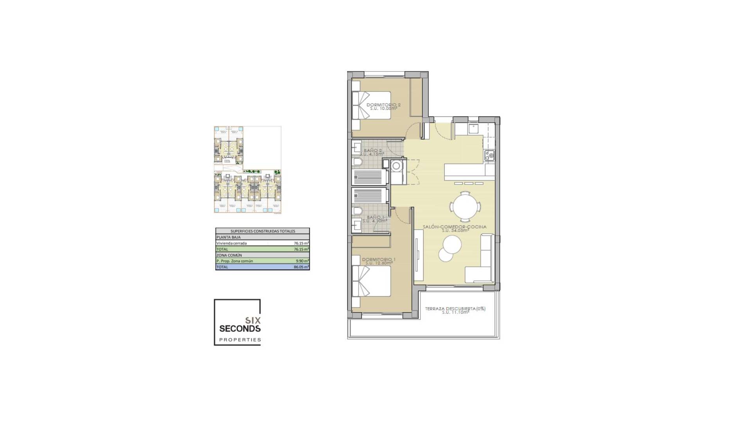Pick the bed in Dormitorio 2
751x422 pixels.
click(372, 105)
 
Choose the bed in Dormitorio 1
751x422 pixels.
click(372, 281)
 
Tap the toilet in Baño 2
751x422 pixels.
click(358, 162)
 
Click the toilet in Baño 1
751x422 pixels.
click(358, 211)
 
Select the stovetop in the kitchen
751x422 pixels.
click(489, 156)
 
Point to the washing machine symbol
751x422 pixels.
click(397, 166)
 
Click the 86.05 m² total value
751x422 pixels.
click(301, 267)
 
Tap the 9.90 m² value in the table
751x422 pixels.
click(302, 261)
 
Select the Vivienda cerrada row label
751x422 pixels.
click(232, 243)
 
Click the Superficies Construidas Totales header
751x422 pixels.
click(262, 231)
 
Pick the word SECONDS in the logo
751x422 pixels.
click(240, 329)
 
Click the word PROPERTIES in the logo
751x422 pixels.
click(240, 340)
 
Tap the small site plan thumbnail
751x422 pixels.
click(248, 170)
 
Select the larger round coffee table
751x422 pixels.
click(452, 245)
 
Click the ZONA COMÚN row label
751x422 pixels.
click(229, 255)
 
